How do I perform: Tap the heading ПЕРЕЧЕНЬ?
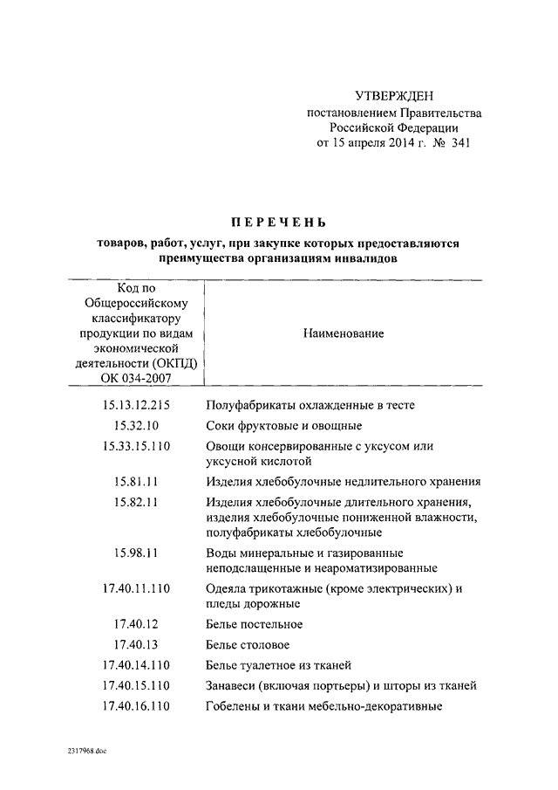point(279,223)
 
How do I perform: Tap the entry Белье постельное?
point(255,624)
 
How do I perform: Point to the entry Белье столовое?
point(248,644)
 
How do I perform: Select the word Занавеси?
point(233,685)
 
